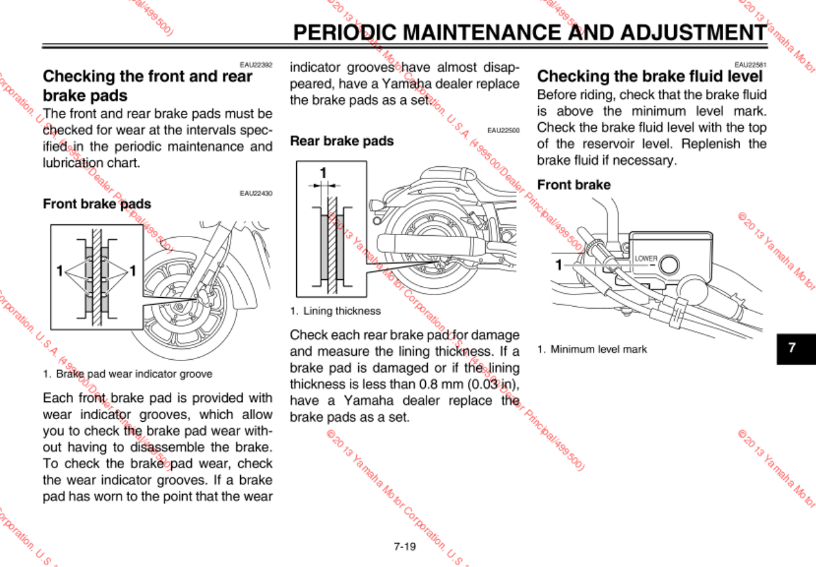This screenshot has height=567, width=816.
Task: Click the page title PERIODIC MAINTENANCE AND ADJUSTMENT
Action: tap(529, 32)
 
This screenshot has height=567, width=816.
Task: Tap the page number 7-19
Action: tap(405, 546)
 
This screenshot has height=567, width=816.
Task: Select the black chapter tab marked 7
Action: tap(791, 347)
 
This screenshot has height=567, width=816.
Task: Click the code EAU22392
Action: tap(256, 65)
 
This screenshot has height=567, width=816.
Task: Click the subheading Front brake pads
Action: tap(97, 204)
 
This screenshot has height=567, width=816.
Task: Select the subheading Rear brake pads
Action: tap(342, 141)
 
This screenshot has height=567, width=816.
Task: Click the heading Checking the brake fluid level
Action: tap(650, 76)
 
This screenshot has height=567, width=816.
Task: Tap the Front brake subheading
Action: tap(574, 185)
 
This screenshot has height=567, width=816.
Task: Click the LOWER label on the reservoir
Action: tap(645, 259)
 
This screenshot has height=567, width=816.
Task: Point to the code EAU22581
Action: tap(751, 65)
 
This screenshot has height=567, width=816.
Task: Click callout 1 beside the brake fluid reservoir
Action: tap(558, 264)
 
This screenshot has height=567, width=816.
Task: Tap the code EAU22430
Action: tap(256, 194)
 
